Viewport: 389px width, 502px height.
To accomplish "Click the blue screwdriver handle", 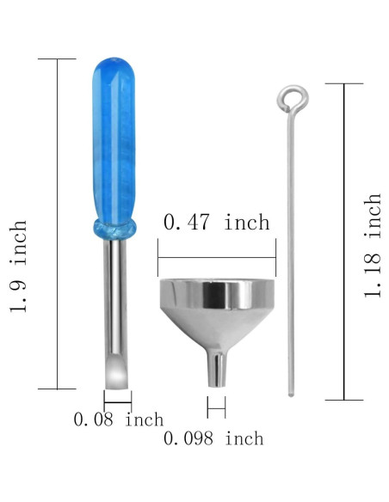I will tap(112, 138).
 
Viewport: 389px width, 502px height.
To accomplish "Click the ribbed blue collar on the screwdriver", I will tap(113, 228).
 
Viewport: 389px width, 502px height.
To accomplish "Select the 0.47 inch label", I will tap(216, 222).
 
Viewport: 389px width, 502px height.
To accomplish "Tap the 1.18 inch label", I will tap(372, 246).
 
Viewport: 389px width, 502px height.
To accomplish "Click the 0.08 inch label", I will tap(118, 420).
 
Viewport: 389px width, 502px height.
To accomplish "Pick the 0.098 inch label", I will tap(213, 438).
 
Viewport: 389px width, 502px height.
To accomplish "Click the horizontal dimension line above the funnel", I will tap(216, 254).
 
